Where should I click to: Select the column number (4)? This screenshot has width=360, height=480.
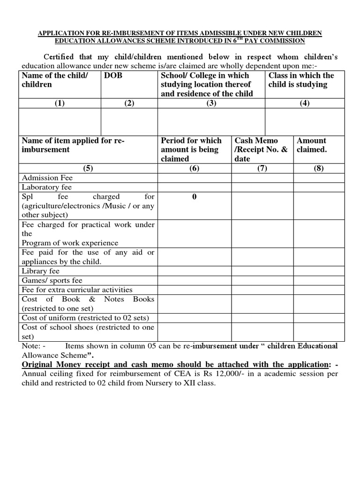pyautogui.click(x=305, y=104)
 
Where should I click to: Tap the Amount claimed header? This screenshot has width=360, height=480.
pyautogui.click(x=312, y=145)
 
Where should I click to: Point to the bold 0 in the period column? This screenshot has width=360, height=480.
pyautogui.click(x=194, y=197)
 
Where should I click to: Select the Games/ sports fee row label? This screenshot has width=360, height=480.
pyautogui.click(x=52, y=280)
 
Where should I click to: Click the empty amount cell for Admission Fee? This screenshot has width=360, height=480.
pyautogui.click(x=319, y=178)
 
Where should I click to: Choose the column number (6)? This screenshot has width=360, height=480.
pyautogui.click(x=194, y=169)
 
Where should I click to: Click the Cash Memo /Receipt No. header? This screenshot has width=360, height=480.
pyautogui.click(x=262, y=150)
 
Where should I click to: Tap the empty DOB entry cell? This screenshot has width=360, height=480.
pyautogui.click(x=129, y=121)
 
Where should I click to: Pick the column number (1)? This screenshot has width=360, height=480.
pyautogui.click(x=60, y=104)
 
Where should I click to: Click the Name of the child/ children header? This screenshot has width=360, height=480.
pyautogui.click(x=54, y=80)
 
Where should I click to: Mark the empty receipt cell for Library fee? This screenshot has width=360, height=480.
pyautogui.click(x=262, y=271)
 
